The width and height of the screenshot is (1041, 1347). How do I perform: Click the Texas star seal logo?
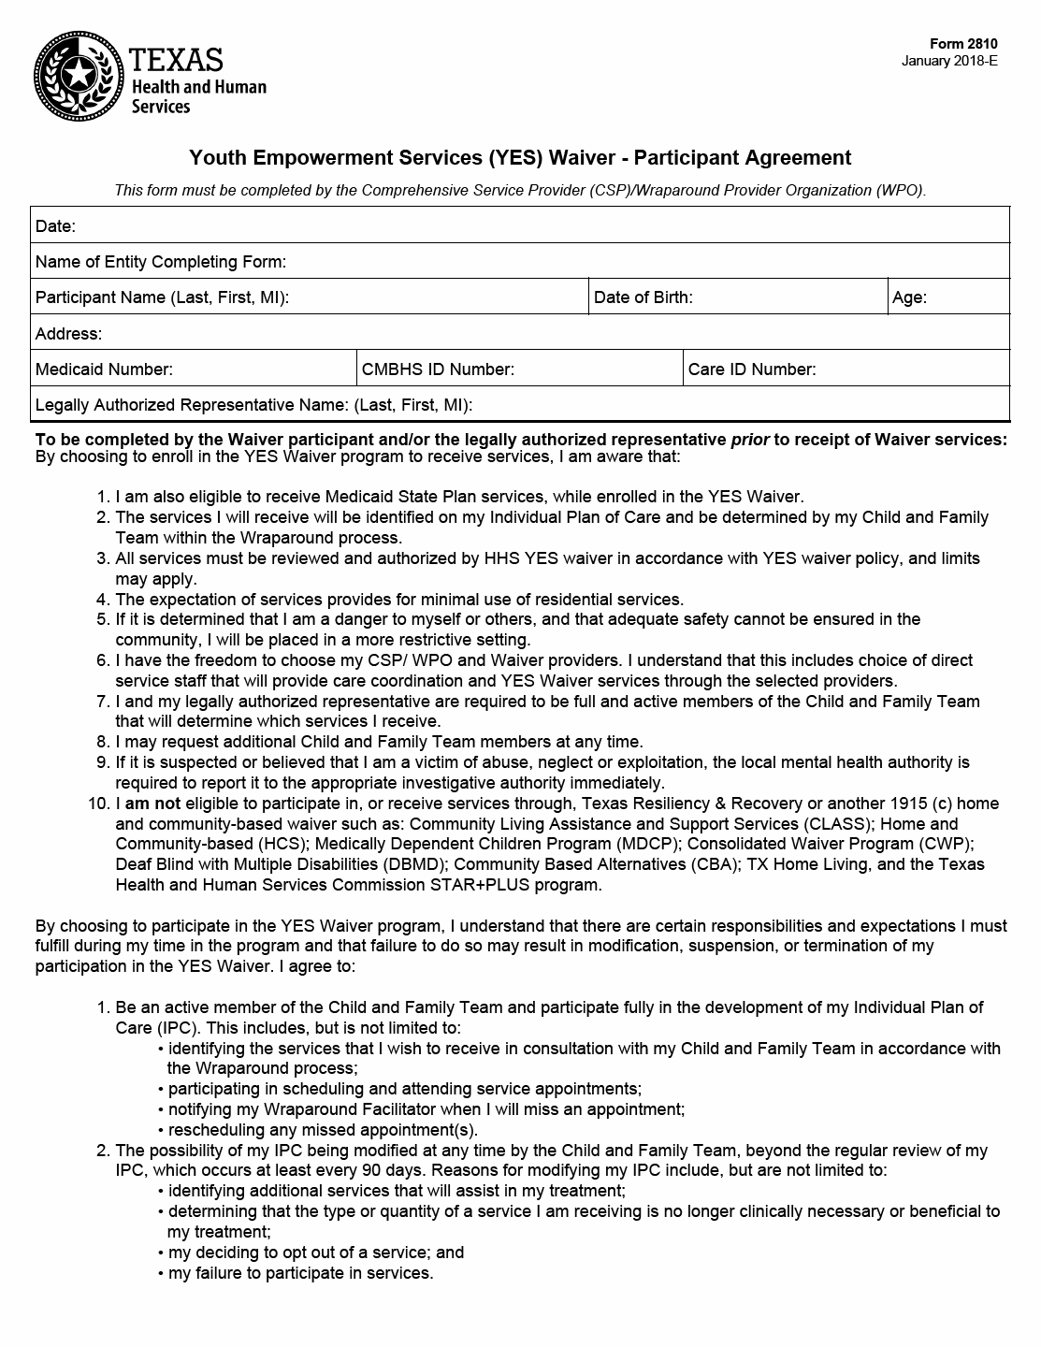point(79,76)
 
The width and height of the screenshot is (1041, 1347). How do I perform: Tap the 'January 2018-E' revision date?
point(949,62)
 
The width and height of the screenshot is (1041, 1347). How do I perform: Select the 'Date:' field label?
point(55,226)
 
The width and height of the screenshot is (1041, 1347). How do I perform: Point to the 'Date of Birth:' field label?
point(643,297)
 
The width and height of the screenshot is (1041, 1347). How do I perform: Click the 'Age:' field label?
point(909,297)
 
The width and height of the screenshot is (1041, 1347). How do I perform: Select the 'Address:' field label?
point(68,334)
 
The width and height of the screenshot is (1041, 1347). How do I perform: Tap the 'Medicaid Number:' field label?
point(104,369)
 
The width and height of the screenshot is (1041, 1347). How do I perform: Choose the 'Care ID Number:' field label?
point(752,369)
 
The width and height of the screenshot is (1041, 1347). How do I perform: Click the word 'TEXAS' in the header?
point(177,60)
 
